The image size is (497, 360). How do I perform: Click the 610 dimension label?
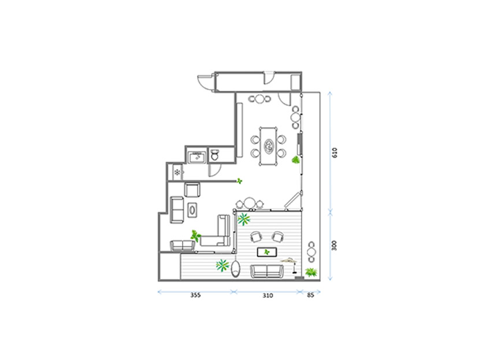tap(335, 153)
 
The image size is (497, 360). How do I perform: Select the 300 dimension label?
tap(334, 246)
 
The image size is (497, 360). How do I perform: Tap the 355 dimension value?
tap(195, 295)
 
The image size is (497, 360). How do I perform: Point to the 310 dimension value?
tap(268, 295)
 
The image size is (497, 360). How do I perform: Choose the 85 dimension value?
tap(311, 295)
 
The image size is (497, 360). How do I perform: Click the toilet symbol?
tap(215, 155)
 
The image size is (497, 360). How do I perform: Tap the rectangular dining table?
tap(269, 146)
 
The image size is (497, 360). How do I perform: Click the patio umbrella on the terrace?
tap(290, 264)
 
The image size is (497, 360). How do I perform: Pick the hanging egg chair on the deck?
tap(236, 269)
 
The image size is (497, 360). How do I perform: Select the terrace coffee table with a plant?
tap(267, 252)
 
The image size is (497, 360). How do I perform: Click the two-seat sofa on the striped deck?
tap(267, 271)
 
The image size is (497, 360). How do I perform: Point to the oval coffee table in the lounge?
tap(192, 210)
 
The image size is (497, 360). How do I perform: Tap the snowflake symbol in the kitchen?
tap(177, 172)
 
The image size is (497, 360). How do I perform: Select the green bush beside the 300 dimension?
tap(311, 272)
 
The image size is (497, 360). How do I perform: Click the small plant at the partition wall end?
tap(239, 181)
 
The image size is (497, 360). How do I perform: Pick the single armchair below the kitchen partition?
tap(192, 190)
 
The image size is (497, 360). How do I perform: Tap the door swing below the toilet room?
tap(214, 170)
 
